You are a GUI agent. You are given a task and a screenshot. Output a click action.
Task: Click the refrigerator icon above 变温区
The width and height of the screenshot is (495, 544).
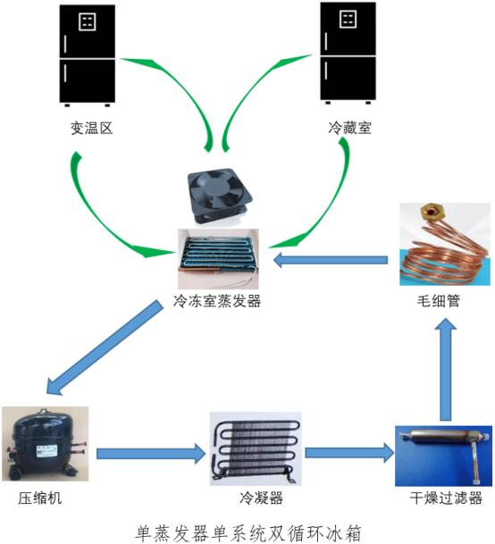87,55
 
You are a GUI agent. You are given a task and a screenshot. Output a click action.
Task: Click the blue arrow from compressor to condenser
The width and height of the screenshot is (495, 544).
151,453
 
